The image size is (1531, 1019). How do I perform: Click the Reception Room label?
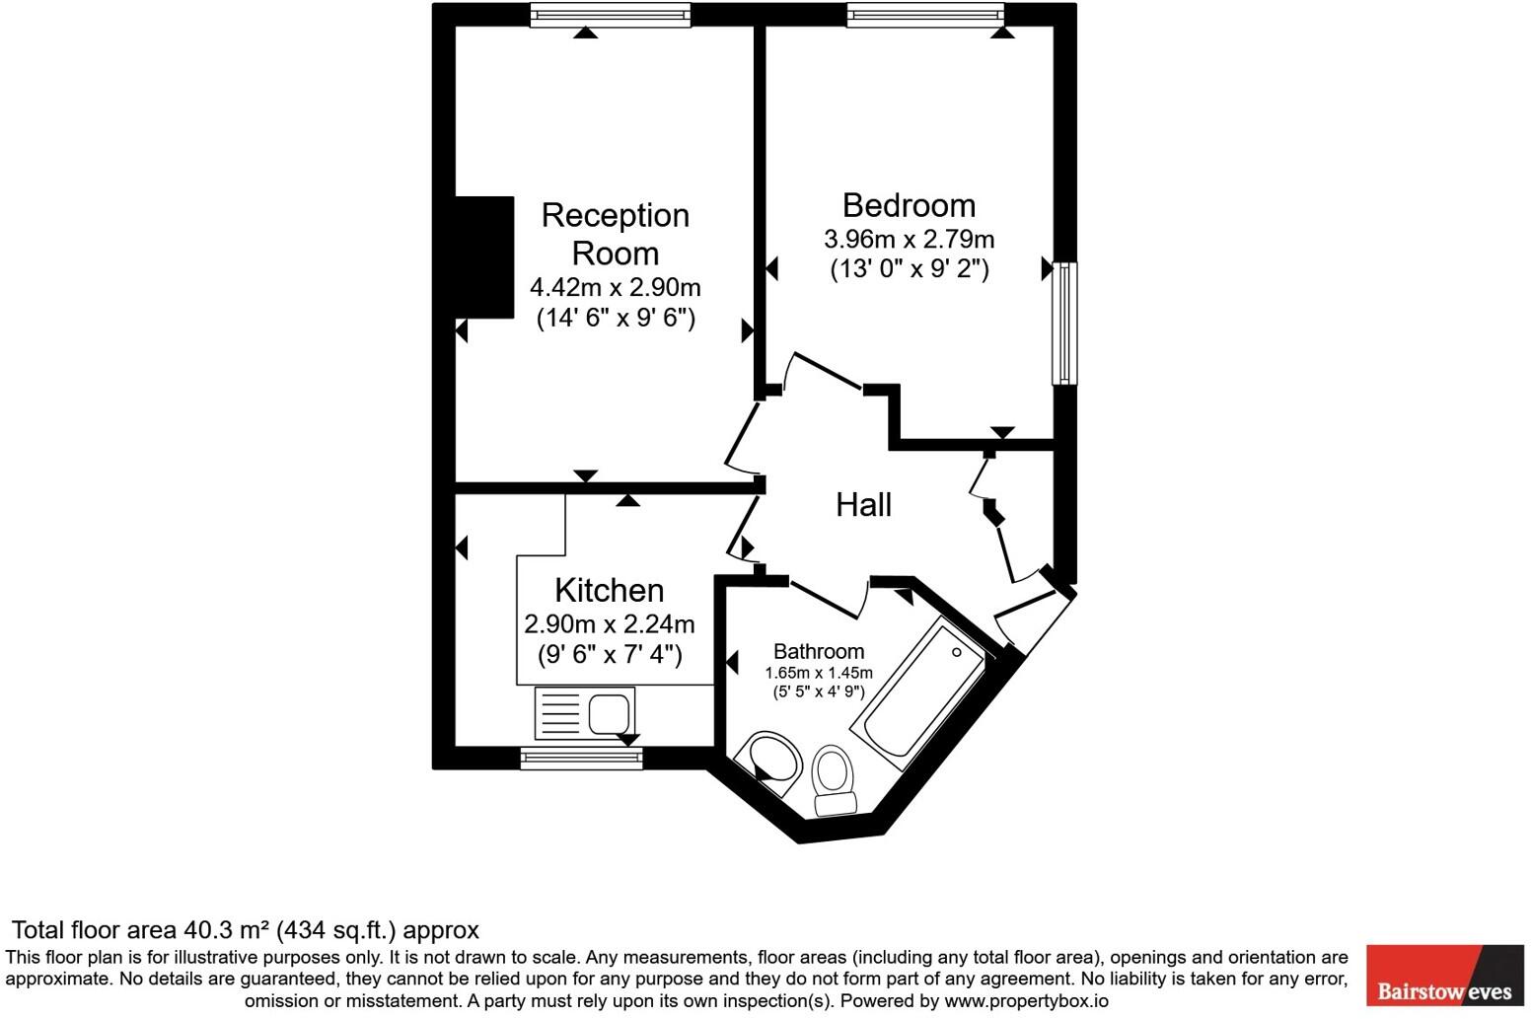(x=615, y=234)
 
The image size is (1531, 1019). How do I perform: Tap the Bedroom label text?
(x=909, y=205)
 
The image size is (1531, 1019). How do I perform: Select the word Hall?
(x=863, y=505)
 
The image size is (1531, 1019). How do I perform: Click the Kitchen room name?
(x=609, y=590)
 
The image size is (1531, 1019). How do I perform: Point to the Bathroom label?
(x=818, y=651)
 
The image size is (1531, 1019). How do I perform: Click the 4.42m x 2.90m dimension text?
(x=615, y=287)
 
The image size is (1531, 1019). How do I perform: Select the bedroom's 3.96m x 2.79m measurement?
(x=909, y=239)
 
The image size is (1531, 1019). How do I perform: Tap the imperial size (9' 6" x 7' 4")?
(x=609, y=654)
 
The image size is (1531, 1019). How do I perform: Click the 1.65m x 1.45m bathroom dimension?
(x=818, y=673)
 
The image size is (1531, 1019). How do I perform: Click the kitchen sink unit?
(x=584, y=713)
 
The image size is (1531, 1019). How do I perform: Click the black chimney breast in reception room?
(x=484, y=257)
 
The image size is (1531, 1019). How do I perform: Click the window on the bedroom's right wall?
(x=1064, y=323)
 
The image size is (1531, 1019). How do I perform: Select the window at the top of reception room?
(x=610, y=14)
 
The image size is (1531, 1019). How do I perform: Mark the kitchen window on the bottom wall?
(x=581, y=758)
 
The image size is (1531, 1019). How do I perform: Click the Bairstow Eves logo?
(x=1444, y=976)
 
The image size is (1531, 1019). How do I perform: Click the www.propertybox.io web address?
(x=1026, y=1000)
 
